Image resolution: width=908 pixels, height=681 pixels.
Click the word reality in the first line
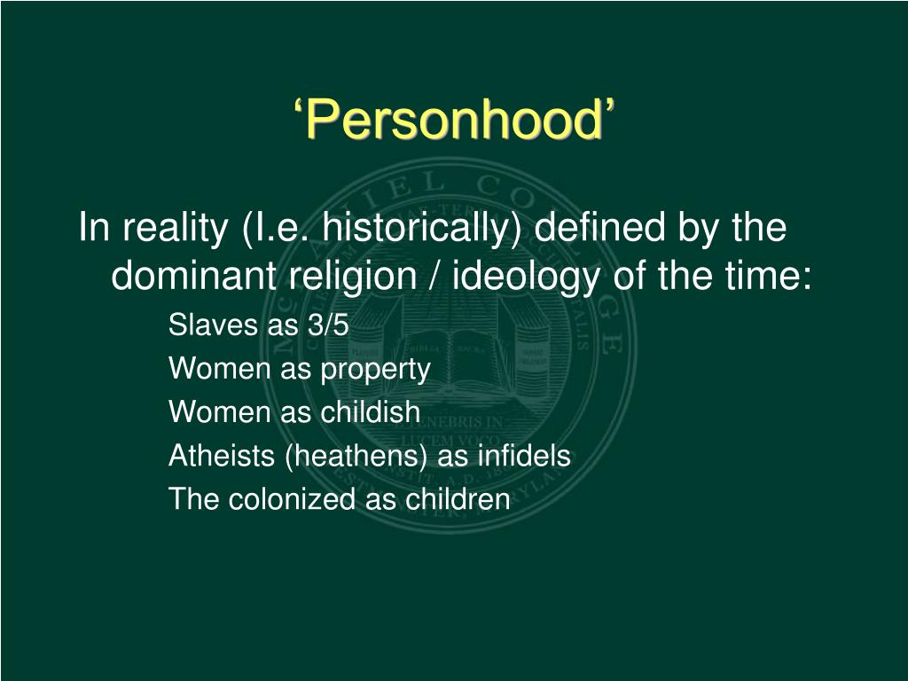pos(176,227)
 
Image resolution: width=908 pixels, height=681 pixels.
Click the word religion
pos(353,277)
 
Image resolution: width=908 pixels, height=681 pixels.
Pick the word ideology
pos(526,277)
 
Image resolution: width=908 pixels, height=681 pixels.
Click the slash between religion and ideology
pos(434,276)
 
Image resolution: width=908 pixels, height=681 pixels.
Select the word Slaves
pos(213,325)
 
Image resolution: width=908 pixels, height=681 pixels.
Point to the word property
pos(375,370)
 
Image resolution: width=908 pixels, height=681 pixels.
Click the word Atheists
pos(221,456)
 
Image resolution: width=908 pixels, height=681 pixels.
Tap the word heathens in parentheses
pos(356,457)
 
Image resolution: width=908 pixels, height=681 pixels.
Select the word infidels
pos(524,456)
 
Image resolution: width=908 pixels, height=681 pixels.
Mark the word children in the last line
pos(458,499)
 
